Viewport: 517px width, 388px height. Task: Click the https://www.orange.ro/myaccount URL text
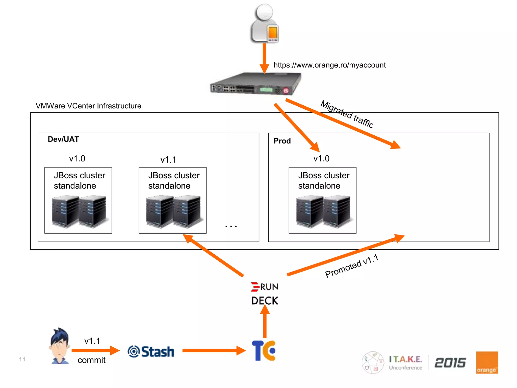[329, 65]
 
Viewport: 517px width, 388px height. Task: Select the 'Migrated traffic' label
[347, 114]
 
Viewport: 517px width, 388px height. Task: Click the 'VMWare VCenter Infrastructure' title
[88, 106]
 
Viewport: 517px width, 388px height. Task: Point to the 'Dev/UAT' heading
[63, 139]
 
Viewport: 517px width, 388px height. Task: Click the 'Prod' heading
[282, 141]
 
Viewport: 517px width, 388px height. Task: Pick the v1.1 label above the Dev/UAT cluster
[168, 160]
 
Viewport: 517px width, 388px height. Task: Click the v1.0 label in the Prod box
[321, 159]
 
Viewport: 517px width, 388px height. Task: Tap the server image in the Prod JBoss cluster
[323, 211]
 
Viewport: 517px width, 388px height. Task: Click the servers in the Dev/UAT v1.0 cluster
[79, 211]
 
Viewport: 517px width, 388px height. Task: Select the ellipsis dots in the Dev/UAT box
[231, 226]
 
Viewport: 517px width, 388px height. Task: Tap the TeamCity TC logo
[264, 351]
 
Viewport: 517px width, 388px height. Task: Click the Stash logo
[151, 352]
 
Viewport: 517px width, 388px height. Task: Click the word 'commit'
[91, 360]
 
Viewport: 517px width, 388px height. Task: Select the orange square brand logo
[487, 362]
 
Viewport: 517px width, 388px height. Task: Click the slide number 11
[22, 359]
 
